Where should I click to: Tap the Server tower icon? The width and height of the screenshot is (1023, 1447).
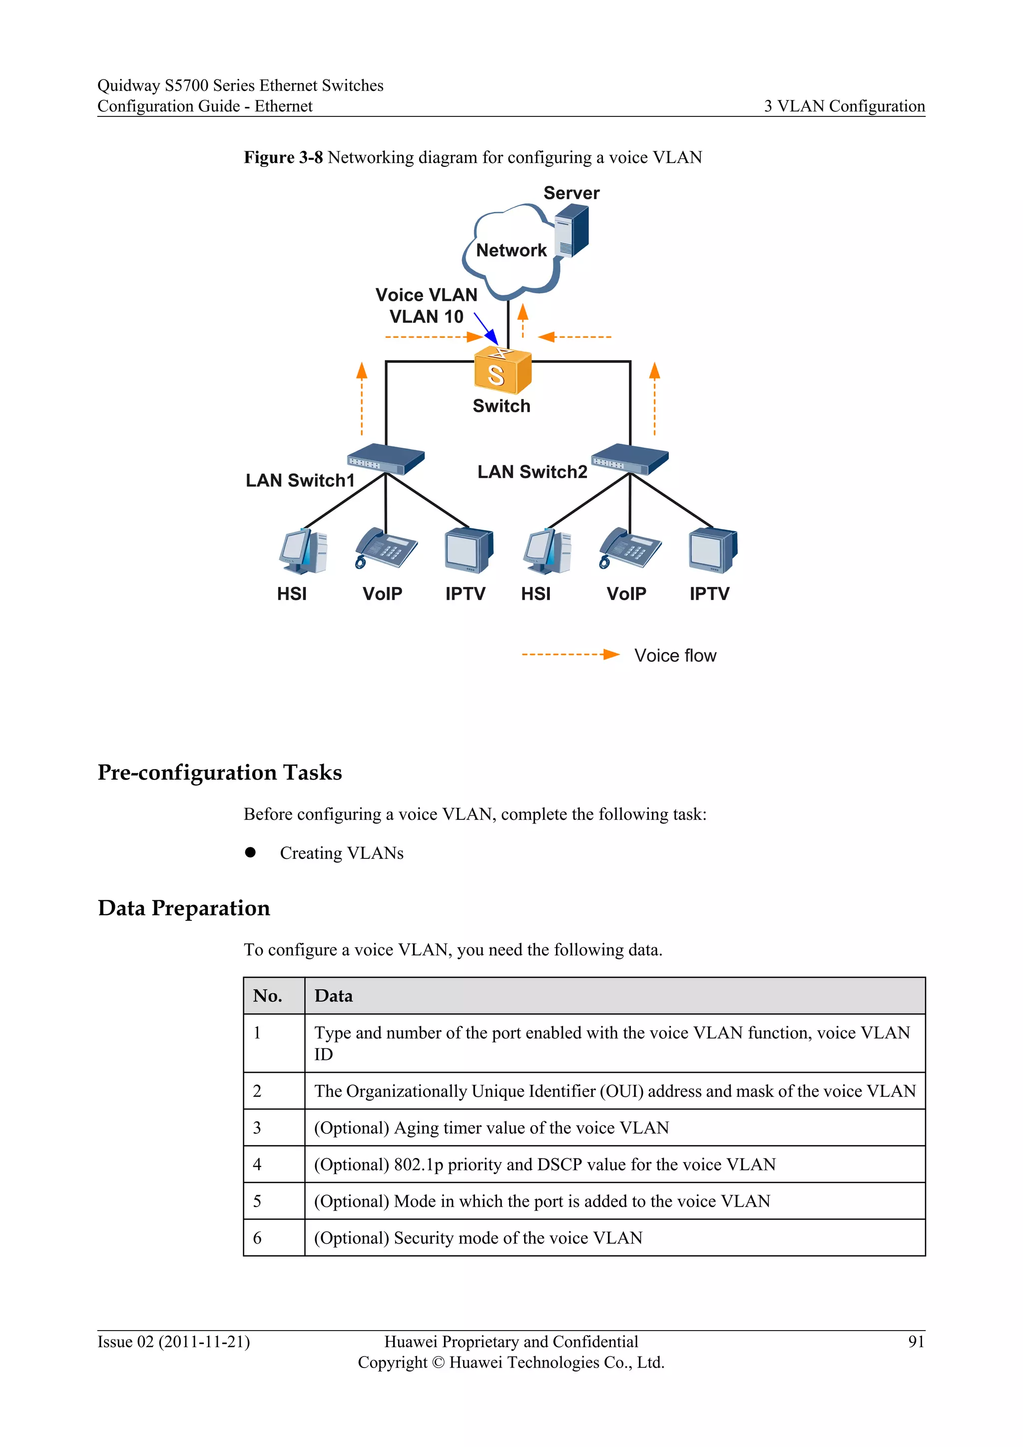571,231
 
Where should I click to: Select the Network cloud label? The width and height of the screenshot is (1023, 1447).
511,250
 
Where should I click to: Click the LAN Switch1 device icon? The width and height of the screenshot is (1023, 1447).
386,459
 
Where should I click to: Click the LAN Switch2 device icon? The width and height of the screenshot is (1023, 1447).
629,459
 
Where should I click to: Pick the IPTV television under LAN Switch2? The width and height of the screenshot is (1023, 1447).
712,551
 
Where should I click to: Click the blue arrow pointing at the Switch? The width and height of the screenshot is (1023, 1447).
486,328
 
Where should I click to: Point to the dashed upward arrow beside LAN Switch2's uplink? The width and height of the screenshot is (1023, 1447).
654,398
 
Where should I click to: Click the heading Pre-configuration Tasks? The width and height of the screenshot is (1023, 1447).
220,772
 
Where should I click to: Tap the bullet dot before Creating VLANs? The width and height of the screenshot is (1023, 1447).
251,852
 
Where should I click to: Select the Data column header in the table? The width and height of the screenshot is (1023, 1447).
334,996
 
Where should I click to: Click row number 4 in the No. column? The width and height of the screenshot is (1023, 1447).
257,1164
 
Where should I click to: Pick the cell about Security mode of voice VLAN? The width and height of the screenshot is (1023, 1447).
478,1238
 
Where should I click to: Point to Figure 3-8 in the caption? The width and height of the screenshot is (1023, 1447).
283,157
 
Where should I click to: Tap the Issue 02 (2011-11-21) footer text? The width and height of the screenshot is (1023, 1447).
174,1341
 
